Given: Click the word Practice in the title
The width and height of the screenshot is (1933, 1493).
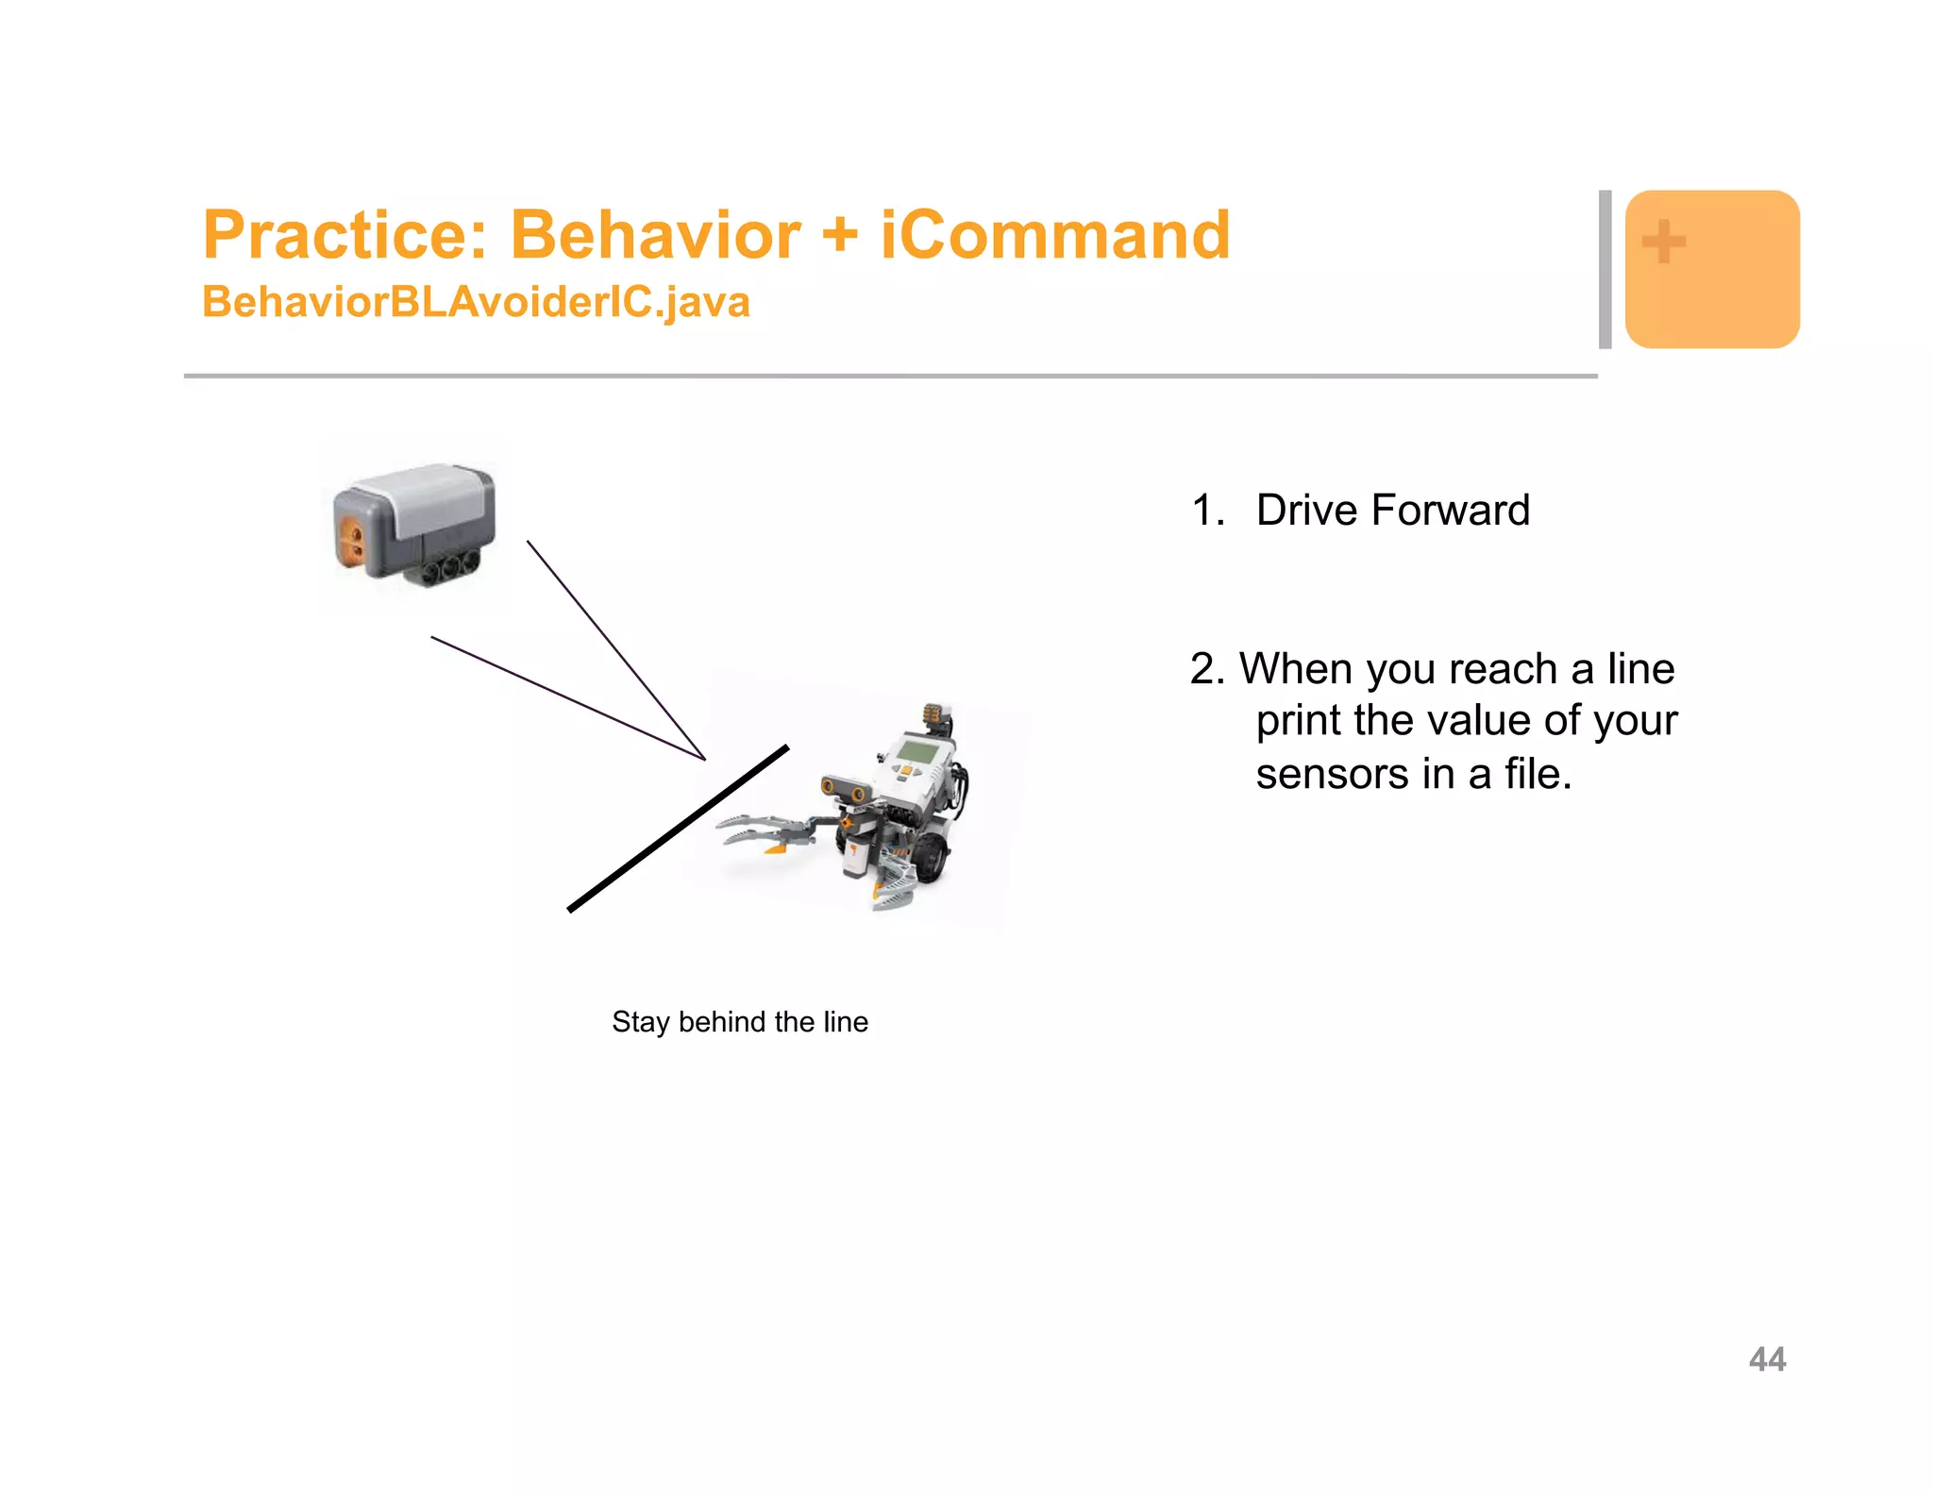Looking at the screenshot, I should tap(345, 235).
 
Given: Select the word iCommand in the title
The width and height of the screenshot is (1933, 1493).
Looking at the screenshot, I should tap(1055, 235).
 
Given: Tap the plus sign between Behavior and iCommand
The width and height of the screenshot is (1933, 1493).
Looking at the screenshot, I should tap(839, 235).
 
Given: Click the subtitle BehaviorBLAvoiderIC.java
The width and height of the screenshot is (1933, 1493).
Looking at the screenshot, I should tap(476, 302).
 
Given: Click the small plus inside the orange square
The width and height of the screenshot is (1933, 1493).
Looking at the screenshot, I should tap(1663, 242).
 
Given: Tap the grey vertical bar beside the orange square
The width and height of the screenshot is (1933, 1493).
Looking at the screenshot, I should tap(1605, 269).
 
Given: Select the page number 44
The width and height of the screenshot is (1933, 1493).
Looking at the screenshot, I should tap(1767, 1359).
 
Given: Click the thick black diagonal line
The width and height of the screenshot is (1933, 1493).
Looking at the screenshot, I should tap(678, 829).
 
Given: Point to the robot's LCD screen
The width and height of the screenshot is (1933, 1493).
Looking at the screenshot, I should tap(919, 751).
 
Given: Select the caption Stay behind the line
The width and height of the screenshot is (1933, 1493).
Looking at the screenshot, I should tap(740, 1022).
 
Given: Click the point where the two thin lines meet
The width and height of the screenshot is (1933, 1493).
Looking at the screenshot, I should tap(704, 758).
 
